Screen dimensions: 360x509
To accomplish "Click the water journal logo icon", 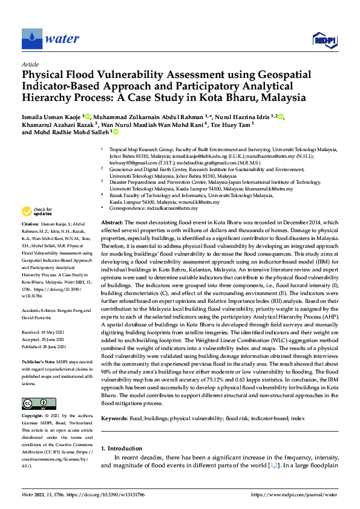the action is pos(30,38).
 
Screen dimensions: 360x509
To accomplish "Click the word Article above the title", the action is pos(30,64).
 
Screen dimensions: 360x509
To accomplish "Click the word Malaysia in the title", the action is pos(279,97).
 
